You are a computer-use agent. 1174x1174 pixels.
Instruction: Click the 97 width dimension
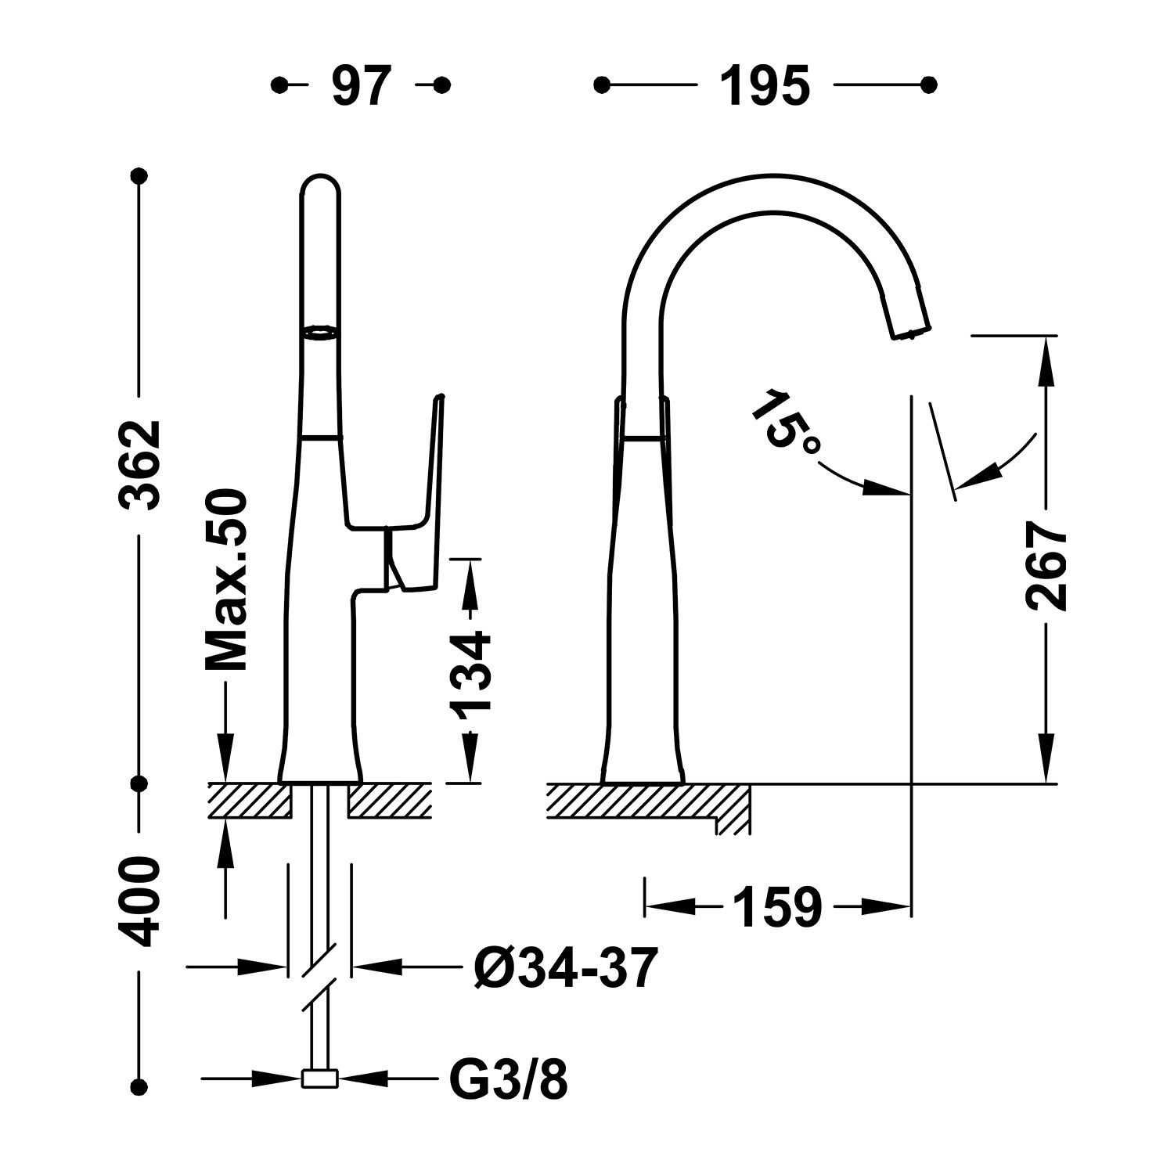point(361,86)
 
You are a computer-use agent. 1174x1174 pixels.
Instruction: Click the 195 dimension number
point(765,86)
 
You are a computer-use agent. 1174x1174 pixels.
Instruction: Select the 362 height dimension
point(142,466)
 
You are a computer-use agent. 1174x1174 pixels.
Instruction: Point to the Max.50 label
point(226,581)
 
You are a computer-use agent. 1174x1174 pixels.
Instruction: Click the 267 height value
point(1046,568)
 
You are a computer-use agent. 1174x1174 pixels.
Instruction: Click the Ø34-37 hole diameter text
point(563,967)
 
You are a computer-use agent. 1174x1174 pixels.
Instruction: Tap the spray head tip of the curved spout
point(910,332)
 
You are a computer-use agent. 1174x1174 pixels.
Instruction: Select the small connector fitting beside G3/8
point(319,1079)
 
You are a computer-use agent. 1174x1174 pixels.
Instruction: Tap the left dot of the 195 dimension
point(602,85)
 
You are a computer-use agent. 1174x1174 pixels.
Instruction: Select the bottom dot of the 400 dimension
point(141,1086)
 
